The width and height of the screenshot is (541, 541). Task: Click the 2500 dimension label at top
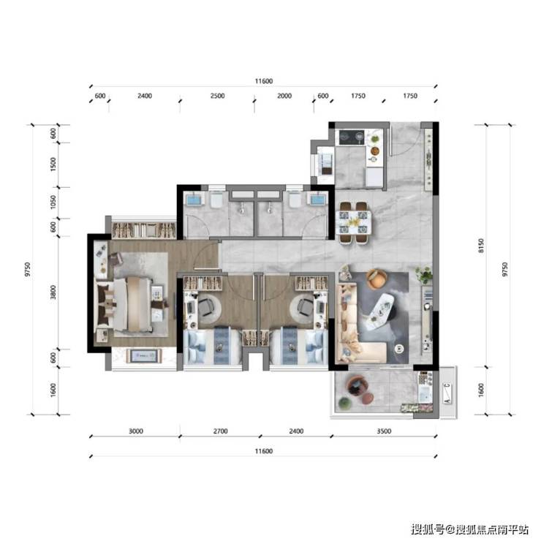pos(217,96)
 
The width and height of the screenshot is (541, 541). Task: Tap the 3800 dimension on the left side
pos(53,292)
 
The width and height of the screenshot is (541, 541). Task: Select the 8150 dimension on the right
pos(481,246)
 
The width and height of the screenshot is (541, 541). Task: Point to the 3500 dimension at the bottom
pos(384,431)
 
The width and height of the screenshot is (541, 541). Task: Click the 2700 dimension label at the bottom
pos(220,431)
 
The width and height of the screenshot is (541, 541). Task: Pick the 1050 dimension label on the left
pos(53,203)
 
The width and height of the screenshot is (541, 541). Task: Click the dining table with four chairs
pos(354,222)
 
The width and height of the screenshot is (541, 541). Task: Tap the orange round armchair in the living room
pos(375,279)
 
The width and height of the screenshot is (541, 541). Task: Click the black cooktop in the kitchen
pos(352,137)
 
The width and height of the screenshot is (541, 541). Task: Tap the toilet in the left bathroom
pos(216,200)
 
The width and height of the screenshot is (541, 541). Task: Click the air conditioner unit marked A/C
pos(447,393)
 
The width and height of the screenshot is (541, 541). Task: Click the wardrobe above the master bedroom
pos(144,230)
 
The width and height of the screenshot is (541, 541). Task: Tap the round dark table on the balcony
pos(357,385)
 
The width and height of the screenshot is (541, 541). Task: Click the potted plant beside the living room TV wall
pos(424,275)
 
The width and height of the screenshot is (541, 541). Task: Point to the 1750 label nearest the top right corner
pos(410,96)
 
